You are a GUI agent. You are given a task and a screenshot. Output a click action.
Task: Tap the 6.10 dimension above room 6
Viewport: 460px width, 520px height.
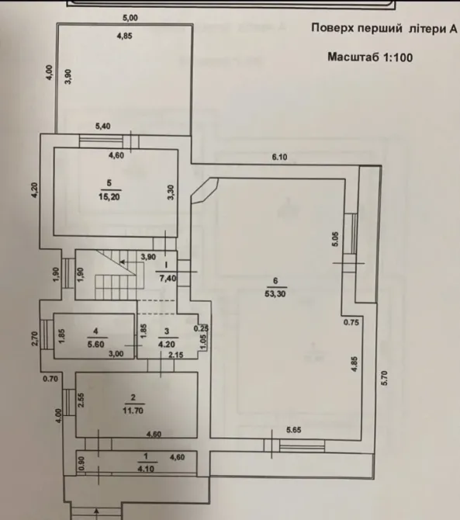click(278, 158)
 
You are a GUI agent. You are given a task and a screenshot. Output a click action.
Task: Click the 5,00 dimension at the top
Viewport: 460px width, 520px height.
click(129, 18)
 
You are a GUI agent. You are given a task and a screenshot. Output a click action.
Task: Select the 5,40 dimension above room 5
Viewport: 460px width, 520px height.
click(103, 126)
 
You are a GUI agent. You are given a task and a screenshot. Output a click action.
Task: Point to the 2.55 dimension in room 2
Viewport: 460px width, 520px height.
click(82, 399)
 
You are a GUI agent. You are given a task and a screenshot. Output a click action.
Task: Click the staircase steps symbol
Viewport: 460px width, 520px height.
click(116, 276)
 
